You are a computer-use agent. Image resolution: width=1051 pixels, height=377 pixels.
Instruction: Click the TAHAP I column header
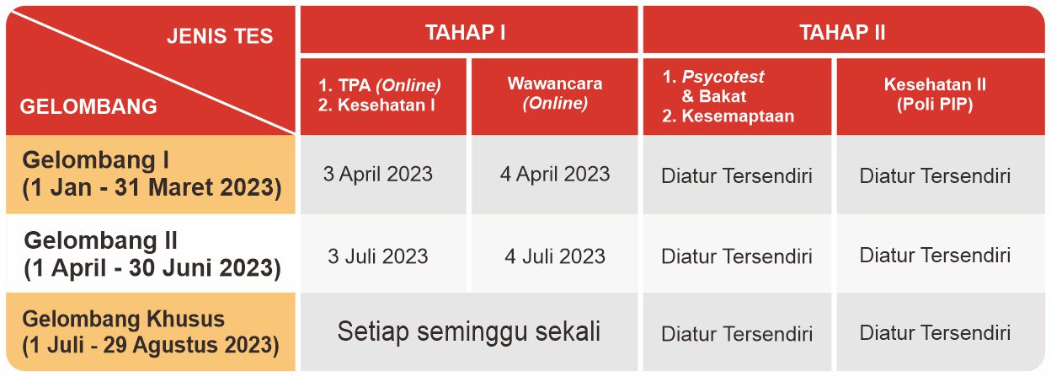click(x=469, y=30)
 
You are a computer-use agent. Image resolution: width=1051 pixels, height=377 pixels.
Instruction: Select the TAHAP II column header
click(x=844, y=30)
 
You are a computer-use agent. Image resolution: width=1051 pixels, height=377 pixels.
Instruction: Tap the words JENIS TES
click(x=220, y=36)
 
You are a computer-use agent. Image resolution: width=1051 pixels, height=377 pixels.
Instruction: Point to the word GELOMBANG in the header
click(x=88, y=107)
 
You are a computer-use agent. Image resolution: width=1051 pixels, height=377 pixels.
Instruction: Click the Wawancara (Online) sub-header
click(x=555, y=96)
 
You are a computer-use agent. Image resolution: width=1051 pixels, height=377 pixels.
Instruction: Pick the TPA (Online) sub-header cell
click(x=383, y=96)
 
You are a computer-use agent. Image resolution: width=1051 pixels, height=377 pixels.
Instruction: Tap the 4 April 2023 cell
click(x=555, y=175)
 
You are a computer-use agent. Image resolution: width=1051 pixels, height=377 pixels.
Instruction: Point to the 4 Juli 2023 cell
click(x=555, y=256)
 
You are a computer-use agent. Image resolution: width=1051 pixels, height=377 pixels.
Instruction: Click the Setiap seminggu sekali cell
click(x=469, y=331)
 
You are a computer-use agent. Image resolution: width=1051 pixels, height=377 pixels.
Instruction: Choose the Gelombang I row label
click(x=151, y=174)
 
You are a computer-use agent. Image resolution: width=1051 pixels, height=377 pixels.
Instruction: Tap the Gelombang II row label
click(x=152, y=255)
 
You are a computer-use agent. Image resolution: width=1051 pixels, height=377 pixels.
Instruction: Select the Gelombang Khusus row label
click(x=150, y=331)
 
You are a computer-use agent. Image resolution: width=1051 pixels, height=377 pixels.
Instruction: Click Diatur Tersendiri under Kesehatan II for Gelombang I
click(x=935, y=175)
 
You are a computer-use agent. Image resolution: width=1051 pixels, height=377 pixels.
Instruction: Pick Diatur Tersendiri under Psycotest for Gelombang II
click(x=737, y=256)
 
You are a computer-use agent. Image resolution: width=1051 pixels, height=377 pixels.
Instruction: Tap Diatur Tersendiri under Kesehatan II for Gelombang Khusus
click(x=935, y=333)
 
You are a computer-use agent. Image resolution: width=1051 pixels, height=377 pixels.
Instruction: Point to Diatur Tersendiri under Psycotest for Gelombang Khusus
click(x=737, y=334)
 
